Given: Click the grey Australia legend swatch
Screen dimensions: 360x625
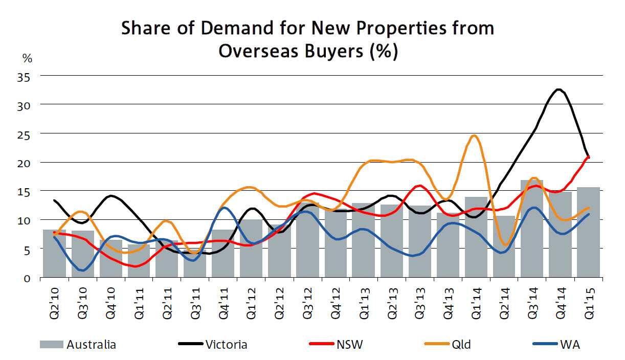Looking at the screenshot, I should (51, 345).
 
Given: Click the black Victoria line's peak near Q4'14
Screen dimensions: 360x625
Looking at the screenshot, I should (559, 89).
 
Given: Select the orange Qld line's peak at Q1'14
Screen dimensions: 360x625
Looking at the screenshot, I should (474, 136).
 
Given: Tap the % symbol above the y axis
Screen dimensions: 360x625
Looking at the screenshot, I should (26, 58).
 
